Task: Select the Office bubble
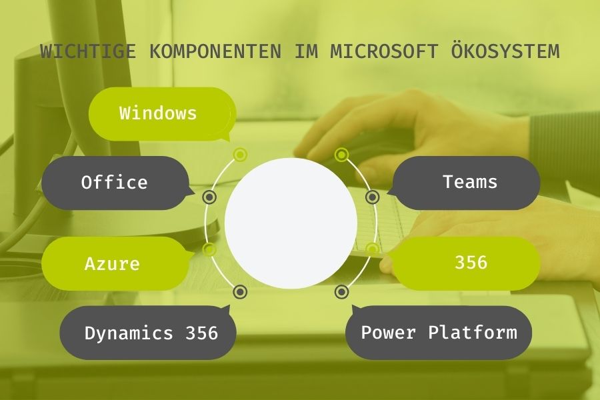(115, 183)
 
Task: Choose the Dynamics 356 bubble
(148, 332)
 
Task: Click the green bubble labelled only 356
(466, 263)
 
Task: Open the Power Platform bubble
(439, 332)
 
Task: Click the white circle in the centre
(291, 223)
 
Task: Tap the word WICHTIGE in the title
(88, 51)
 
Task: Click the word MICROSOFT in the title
(384, 51)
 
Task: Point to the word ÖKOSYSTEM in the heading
(505, 51)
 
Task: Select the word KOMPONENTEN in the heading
(215, 51)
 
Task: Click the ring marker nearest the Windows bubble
(240, 155)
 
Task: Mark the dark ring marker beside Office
(209, 197)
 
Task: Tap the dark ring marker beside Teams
(372, 197)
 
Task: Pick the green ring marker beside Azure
(209, 249)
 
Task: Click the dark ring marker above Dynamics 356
(240, 292)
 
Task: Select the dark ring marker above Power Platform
(342, 292)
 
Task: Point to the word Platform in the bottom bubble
(473, 332)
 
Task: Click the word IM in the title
(306, 51)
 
